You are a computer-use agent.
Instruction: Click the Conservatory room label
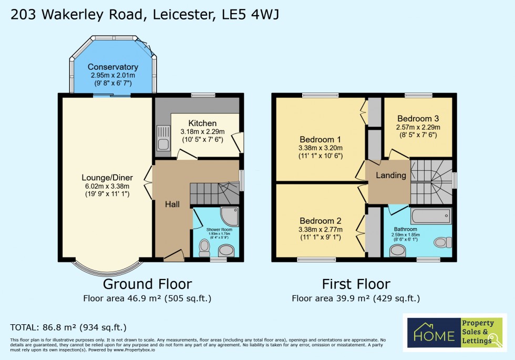click(x=113, y=67)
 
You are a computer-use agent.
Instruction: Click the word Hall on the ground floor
click(x=172, y=204)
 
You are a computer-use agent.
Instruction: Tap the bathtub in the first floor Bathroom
click(x=431, y=216)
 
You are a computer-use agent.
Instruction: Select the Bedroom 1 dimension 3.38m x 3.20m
click(x=321, y=148)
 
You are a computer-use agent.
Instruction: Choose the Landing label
click(x=392, y=175)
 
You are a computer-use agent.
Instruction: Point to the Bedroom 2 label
click(x=321, y=221)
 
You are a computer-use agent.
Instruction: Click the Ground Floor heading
click(x=147, y=284)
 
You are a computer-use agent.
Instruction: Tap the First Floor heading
click(x=356, y=284)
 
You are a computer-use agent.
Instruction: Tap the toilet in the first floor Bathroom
click(x=441, y=242)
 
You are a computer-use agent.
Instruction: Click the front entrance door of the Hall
click(x=173, y=256)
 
